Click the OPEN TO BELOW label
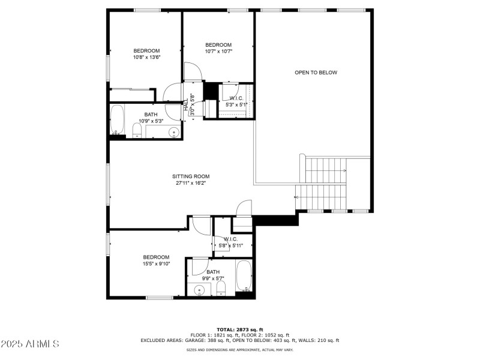click(316, 73)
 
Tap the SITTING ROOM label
click(191, 176)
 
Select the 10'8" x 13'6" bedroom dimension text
click(146, 57)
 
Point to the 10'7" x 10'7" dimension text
click(218, 52)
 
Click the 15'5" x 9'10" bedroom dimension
click(156, 263)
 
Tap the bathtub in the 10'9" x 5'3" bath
click(117, 119)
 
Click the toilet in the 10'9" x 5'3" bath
click(137, 131)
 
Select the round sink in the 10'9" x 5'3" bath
click(173, 132)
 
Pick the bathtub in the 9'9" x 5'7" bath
click(244, 275)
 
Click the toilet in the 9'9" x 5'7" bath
click(221, 289)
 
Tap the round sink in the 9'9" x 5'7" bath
click(199, 289)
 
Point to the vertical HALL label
click(186, 104)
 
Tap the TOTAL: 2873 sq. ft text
click(240, 329)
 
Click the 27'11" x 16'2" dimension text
click(191, 183)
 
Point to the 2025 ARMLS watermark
click(29, 343)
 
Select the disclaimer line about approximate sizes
click(239, 350)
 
